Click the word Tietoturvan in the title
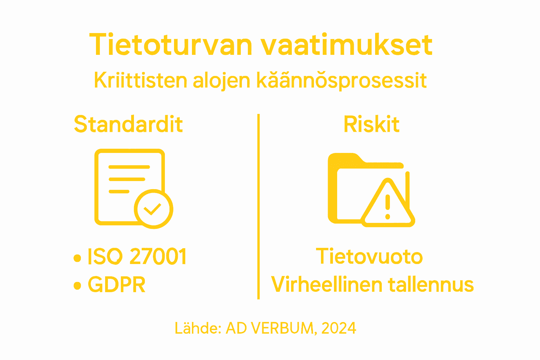pos(171,45)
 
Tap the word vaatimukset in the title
pos(346,45)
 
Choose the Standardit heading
pos(128,124)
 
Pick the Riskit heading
pos(371,124)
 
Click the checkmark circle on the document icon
pos(153,209)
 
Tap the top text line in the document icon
pos(129,167)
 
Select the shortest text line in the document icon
pos(119,192)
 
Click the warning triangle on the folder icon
pos(388,204)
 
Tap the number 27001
pos(158,256)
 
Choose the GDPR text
pos(116,284)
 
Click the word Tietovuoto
pos(369,256)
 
